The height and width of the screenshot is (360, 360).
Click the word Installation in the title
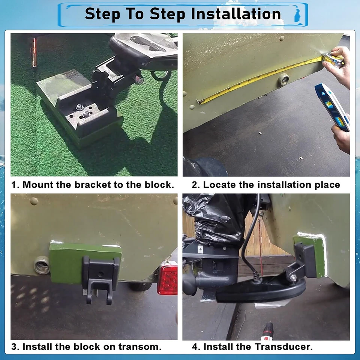236,14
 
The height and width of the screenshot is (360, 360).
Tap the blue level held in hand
333,106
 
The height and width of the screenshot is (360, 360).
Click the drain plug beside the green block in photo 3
42,265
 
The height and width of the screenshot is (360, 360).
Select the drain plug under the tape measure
283,80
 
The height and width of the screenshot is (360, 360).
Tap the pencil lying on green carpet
34,52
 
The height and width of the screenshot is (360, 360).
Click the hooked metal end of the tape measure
199,101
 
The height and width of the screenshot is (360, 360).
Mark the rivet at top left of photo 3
34,201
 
